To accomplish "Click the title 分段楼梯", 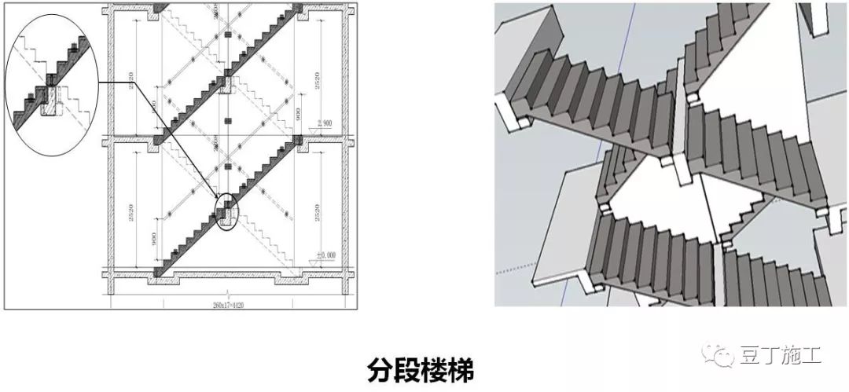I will [421, 369].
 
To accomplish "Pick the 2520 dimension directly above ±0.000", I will [318, 211].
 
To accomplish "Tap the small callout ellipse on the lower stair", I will [226, 212].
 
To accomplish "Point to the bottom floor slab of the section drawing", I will [228, 273].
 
